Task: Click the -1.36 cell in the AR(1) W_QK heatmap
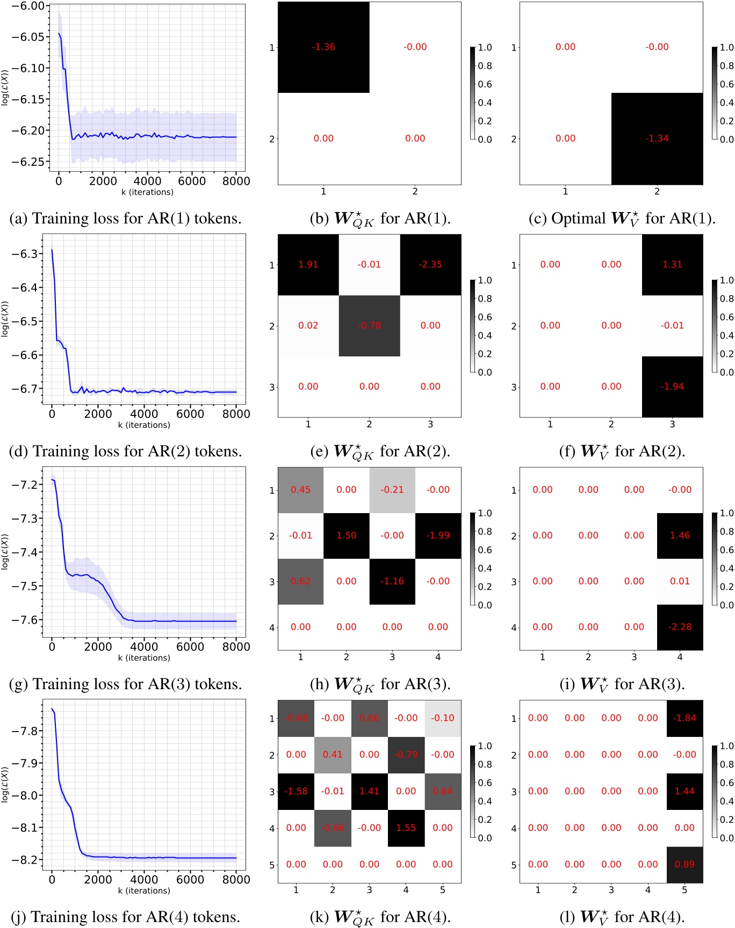(323, 47)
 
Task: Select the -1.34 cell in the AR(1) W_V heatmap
(657, 138)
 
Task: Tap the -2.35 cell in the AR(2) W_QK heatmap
(430, 265)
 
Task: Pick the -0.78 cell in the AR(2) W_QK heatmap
(369, 326)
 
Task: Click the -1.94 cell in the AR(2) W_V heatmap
(672, 386)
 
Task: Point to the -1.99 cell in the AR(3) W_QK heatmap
(438, 536)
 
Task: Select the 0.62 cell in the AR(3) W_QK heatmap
(300, 581)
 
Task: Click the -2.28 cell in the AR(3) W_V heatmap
(680, 627)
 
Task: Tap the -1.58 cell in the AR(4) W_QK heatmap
(296, 791)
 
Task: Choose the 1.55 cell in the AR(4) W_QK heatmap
(406, 828)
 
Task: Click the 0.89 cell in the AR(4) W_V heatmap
(684, 864)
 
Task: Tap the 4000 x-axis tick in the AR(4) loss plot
(144, 880)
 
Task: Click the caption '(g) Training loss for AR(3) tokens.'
(126, 684)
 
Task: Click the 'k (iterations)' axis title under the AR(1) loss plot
(147, 192)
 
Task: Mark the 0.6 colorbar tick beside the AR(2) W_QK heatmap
(485, 317)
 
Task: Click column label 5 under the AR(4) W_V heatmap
(684, 890)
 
